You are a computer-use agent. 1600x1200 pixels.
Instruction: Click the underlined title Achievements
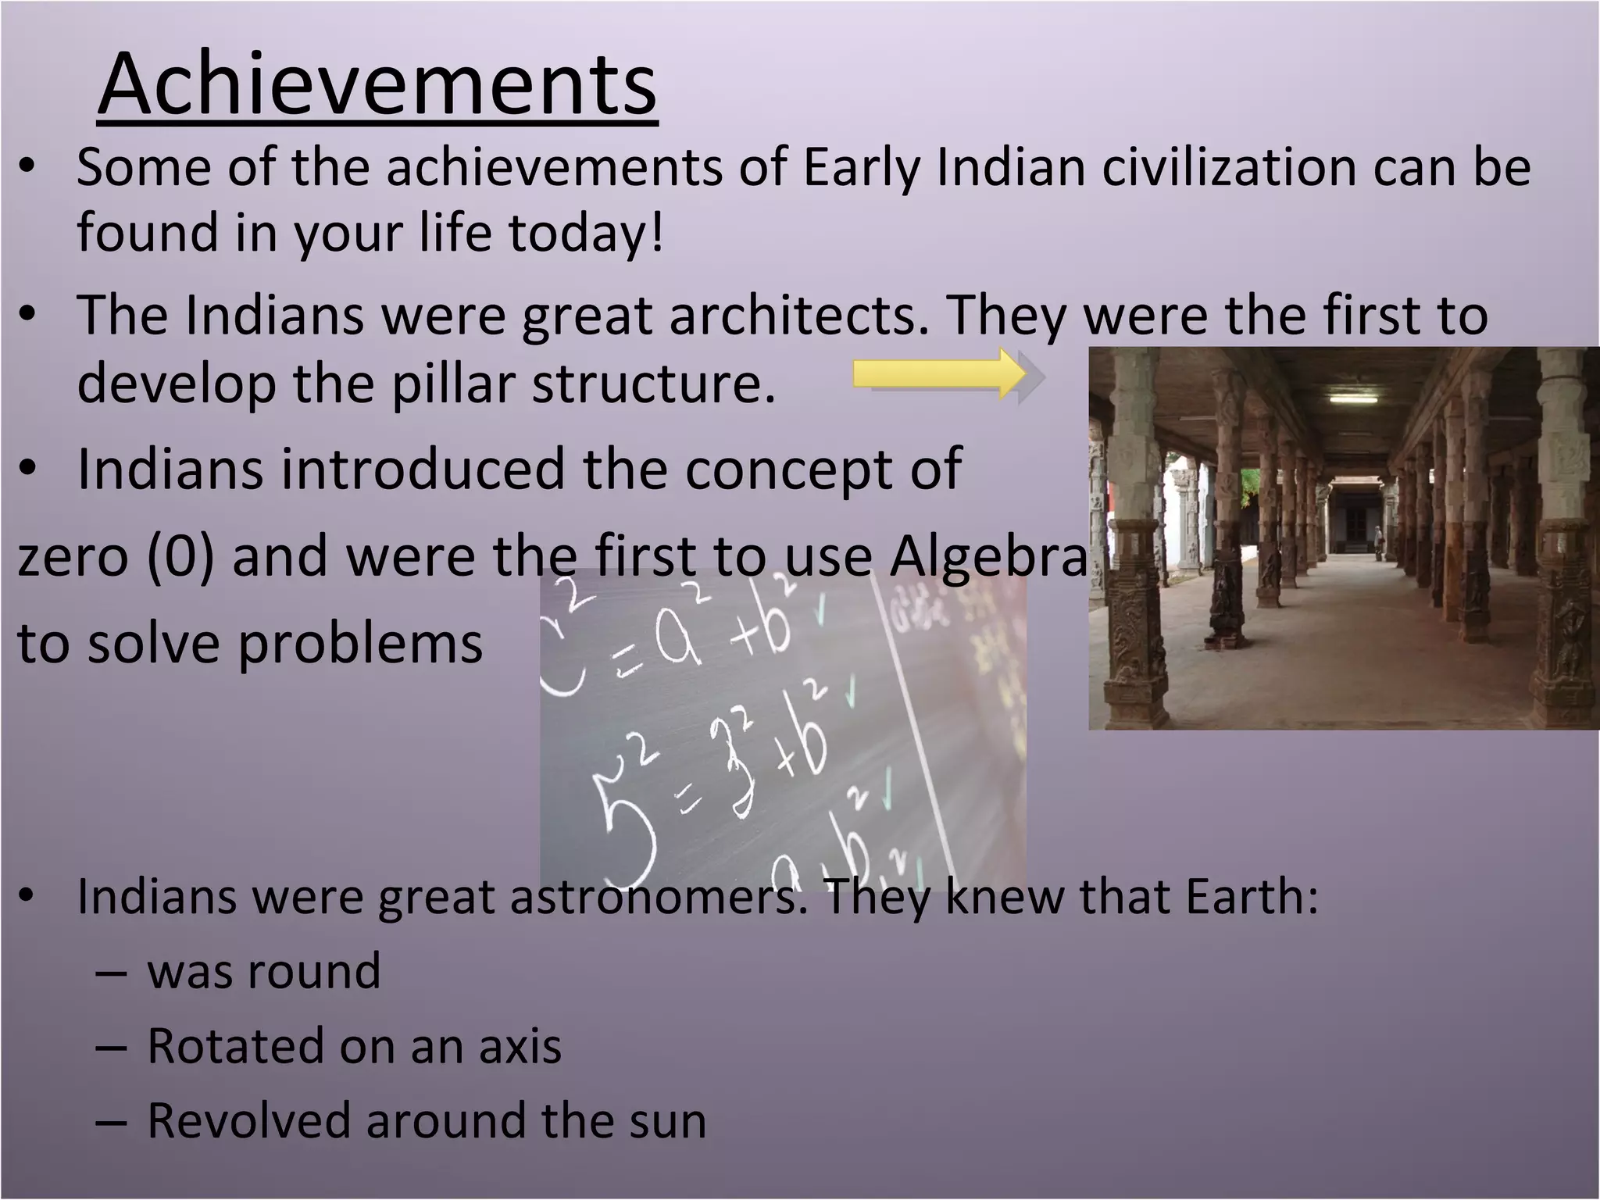377,84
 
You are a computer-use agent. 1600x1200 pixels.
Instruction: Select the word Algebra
987,556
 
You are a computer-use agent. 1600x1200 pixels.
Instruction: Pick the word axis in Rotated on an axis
520,1046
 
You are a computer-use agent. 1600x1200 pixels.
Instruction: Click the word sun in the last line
668,1120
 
